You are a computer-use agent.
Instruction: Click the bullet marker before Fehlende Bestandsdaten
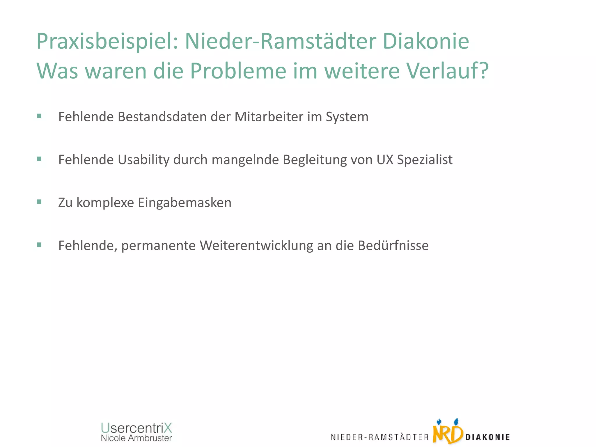pyautogui.click(x=39, y=116)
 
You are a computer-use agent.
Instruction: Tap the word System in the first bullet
pyautogui.click(x=347, y=117)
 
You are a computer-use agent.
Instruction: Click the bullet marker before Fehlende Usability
pyautogui.click(x=39, y=159)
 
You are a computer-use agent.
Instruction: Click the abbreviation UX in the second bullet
pyautogui.click(x=385, y=160)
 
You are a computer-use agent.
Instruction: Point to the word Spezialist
pyautogui.click(x=425, y=160)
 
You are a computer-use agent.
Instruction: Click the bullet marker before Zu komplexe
pyautogui.click(x=39, y=202)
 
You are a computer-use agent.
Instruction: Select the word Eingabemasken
pyautogui.click(x=185, y=203)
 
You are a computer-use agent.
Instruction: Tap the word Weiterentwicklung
pyautogui.click(x=256, y=245)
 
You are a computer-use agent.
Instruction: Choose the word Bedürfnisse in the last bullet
pyautogui.click(x=393, y=245)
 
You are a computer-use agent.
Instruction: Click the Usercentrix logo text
pyautogui.click(x=136, y=428)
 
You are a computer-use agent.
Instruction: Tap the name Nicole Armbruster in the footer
pyautogui.click(x=136, y=438)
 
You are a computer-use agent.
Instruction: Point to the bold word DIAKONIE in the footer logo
pyautogui.click(x=488, y=437)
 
